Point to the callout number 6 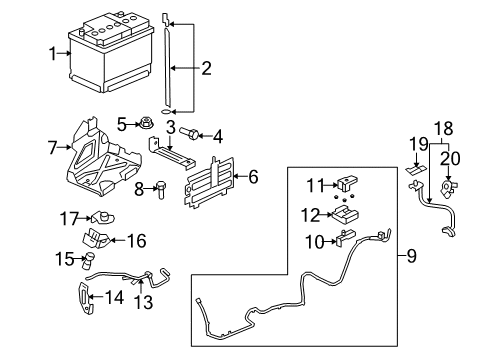[x=253, y=177]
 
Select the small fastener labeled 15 [x=88, y=260]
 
